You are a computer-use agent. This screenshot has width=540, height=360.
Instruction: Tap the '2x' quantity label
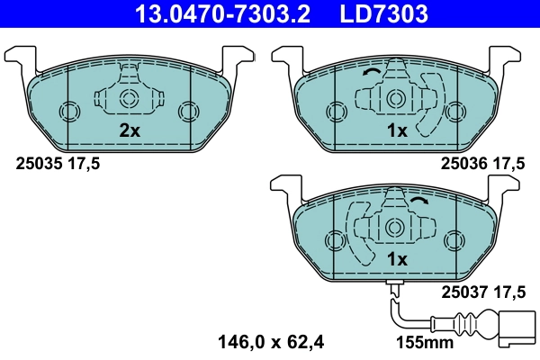pyautogui.click(x=130, y=130)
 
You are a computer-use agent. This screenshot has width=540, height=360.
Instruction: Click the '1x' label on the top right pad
pyautogui.click(x=397, y=130)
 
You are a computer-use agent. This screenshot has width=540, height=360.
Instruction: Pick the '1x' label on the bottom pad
pyautogui.click(x=397, y=259)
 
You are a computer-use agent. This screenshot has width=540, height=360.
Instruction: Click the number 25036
pyautogui.click(x=461, y=163)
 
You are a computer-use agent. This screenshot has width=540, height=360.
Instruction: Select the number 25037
pyautogui.click(x=461, y=291)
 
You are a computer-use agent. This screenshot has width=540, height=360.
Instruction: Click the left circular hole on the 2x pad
pyautogui.click(x=69, y=111)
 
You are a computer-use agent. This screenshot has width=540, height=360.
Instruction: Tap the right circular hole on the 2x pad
pyautogui.click(x=187, y=111)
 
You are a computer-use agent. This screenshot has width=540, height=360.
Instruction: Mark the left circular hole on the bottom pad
pyautogui.click(x=335, y=240)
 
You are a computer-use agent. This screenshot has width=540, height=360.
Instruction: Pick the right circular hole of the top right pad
pyautogui.click(x=454, y=111)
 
